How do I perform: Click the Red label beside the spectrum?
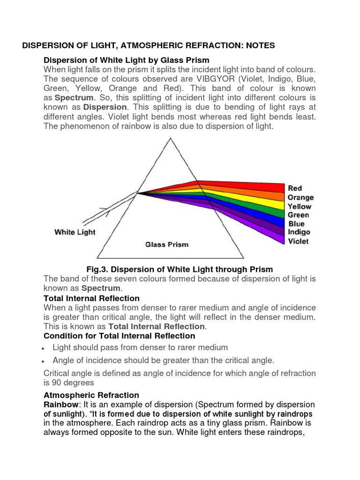[x=295, y=188]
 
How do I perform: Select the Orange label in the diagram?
[x=300, y=197]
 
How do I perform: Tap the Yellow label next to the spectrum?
[x=300, y=206]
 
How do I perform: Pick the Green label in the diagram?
[x=299, y=215]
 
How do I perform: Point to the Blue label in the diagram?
[x=296, y=224]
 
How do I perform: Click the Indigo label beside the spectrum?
[x=299, y=232]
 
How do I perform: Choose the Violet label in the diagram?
[x=298, y=241]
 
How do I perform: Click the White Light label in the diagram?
[x=75, y=232]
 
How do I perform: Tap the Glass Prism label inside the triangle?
[x=167, y=244]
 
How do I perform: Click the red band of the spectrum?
[x=244, y=186]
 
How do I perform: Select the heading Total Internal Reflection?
[x=91, y=298]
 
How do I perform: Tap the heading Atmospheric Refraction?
[x=91, y=395]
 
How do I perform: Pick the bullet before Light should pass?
[x=43, y=348]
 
